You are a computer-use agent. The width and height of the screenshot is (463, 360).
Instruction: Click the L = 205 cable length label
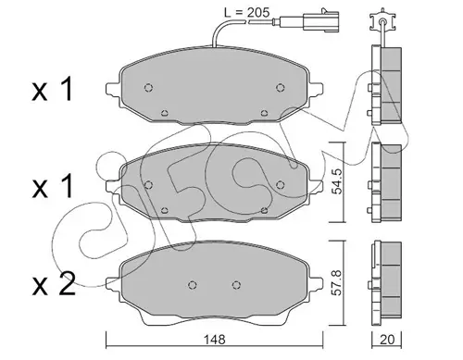(246, 12)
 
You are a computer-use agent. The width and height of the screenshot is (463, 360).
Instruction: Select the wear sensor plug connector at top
(321, 20)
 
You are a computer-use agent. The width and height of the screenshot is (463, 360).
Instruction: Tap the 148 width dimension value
(215, 340)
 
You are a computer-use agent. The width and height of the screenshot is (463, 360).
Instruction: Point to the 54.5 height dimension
(339, 182)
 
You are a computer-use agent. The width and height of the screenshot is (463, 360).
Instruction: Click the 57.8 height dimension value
(339, 282)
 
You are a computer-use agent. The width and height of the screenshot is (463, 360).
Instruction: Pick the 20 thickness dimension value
(387, 340)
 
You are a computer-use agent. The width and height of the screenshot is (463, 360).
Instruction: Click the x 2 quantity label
(54, 284)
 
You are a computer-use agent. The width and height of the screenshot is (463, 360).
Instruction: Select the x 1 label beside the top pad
(53, 90)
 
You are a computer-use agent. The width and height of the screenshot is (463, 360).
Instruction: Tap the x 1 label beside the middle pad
(53, 186)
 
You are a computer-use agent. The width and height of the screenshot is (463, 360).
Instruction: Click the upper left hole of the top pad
(148, 88)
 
